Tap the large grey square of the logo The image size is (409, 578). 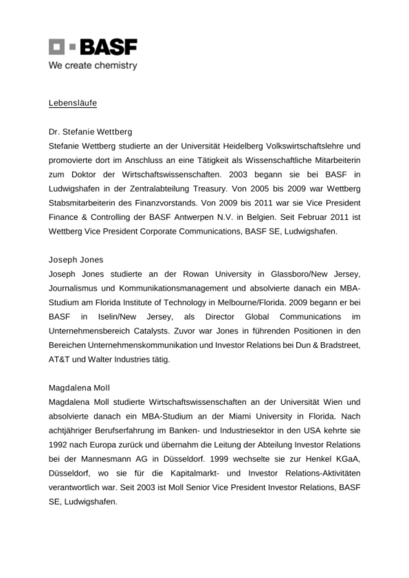[x=56, y=47]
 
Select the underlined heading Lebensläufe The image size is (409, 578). [x=73, y=103]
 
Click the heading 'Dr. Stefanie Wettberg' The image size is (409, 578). [x=90, y=132]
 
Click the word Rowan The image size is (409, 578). [x=196, y=274]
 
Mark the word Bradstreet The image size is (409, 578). [x=340, y=345]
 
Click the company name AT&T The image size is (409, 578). [x=59, y=360]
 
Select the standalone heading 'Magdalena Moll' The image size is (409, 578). [x=79, y=388]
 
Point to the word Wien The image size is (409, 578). [x=333, y=402]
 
